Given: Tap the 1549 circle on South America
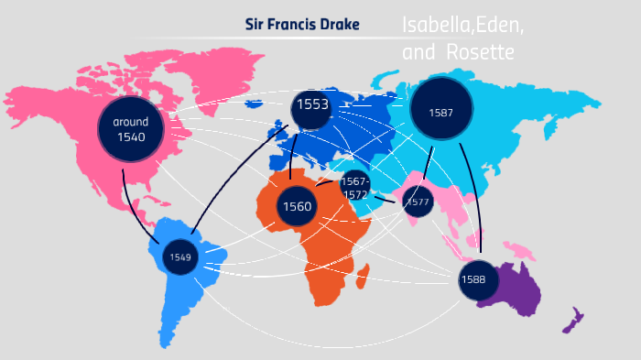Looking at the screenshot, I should (179, 256).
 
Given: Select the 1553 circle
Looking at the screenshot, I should (312, 106).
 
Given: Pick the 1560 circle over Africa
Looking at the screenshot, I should (298, 206).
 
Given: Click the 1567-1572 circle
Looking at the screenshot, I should (355, 187).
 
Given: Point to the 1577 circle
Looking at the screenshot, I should (418, 202).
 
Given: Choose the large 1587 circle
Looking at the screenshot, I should (441, 112).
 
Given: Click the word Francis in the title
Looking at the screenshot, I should (290, 23).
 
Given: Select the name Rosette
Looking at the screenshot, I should (480, 52).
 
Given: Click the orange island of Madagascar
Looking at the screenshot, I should (364, 272).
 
